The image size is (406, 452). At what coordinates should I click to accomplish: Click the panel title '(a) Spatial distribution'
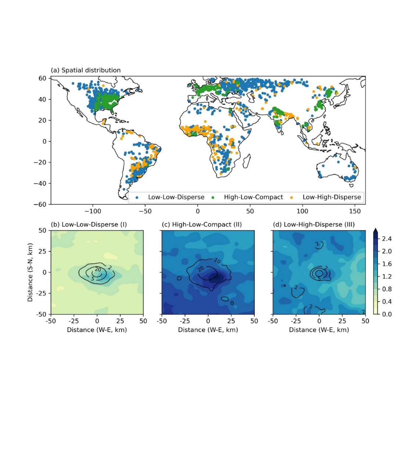(x=86, y=70)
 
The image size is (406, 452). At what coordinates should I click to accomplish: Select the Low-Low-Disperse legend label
(x=176, y=197)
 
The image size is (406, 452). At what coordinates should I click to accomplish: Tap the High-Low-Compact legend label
(x=253, y=197)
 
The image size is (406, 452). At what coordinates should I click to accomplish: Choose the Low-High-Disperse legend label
(x=331, y=197)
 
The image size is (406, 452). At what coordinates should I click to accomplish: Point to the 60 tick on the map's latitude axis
(x=43, y=78)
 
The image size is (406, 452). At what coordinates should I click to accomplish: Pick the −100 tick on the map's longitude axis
(x=93, y=211)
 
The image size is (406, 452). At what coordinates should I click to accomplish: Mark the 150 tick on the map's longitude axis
(x=355, y=211)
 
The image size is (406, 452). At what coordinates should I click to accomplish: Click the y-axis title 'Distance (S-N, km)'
(x=30, y=272)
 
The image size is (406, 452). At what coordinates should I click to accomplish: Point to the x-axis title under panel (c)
(x=208, y=330)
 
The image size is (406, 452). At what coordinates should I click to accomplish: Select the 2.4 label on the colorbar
(x=387, y=239)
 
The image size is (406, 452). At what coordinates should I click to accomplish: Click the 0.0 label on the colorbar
(x=387, y=314)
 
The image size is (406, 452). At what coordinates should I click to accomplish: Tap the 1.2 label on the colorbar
(x=387, y=277)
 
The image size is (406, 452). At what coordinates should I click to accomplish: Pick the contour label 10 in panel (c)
(x=217, y=261)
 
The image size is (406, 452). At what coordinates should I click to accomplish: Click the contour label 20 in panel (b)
(x=98, y=269)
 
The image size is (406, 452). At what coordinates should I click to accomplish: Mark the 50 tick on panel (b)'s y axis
(x=43, y=231)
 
